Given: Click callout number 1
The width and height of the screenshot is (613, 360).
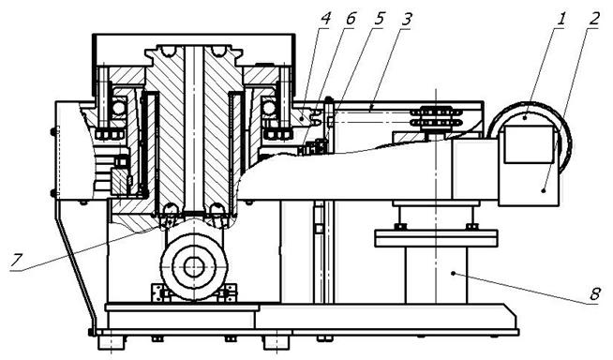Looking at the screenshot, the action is [561, 19].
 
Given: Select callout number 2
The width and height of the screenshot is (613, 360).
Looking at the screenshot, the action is [594, 19].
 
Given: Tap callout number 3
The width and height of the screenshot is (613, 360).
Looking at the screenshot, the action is [407, 19].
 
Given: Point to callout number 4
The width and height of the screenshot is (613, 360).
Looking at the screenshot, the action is [325, 19].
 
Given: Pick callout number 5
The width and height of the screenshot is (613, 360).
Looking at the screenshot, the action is [379, 19].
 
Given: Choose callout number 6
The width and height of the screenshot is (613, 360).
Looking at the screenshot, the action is [351, 19].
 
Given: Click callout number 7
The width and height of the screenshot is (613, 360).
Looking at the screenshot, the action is [16, 261].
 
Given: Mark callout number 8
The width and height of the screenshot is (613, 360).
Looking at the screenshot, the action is [594, 294].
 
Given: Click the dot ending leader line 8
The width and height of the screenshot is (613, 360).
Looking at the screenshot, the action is [453, 273].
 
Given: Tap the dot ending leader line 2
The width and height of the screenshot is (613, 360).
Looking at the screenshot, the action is [544, 190].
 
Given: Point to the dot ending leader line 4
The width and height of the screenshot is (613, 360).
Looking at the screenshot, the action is [302, 117].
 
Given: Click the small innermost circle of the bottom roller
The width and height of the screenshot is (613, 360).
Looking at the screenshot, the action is [193, 268].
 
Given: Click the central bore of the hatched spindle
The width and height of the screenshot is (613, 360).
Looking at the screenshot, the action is [193, 129].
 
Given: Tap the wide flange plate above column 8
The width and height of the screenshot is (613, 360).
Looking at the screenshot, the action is [436, 238].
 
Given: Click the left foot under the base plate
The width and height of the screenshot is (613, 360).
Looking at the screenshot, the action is [112, 342].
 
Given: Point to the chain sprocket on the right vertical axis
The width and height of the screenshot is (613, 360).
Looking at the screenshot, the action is [436, 117].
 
